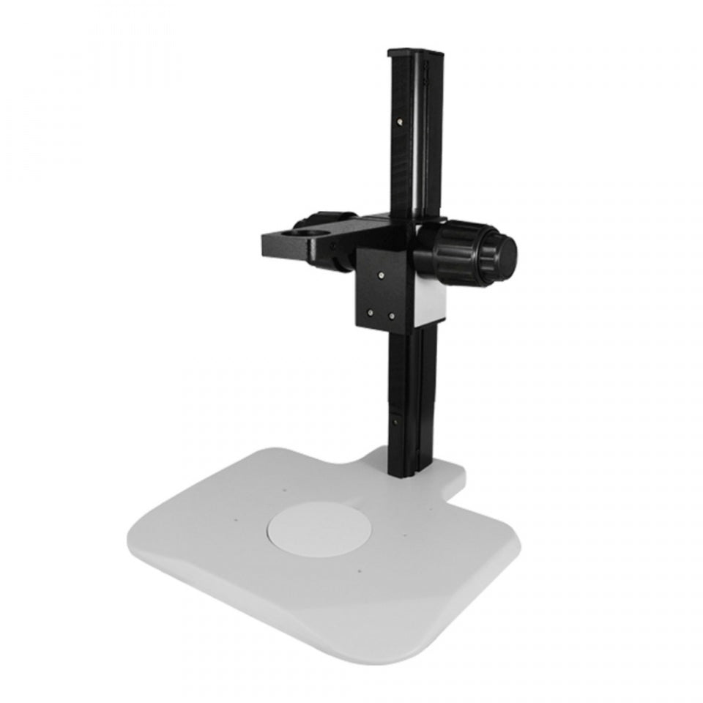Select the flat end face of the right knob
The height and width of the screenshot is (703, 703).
(505, 253)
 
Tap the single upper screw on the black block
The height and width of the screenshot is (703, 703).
(382, 275)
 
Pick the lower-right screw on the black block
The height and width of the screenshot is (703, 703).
(392, 316)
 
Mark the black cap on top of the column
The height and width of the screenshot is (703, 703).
(416, 53)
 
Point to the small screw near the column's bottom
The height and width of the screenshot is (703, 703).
(395, 422)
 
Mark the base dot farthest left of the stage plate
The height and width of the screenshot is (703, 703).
(236, 521)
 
